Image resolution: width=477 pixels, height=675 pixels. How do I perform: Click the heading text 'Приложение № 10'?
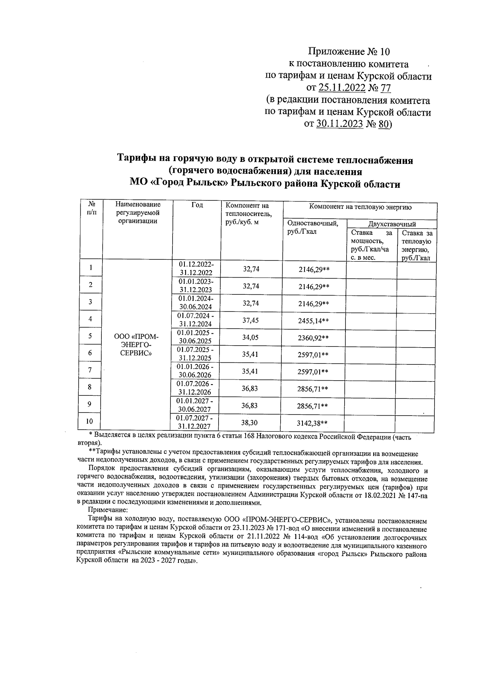click(x=349, y=52)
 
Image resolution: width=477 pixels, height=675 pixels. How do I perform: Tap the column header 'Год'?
click(x=197, y=205)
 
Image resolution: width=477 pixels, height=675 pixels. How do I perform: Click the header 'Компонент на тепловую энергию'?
click(x=360, y=207)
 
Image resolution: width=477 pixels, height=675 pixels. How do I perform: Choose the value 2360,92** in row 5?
click(x=313, y=338)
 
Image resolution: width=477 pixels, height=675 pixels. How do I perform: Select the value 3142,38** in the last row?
click(x=313, y=424)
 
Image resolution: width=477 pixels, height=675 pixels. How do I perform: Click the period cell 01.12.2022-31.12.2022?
click(x=196, y=269)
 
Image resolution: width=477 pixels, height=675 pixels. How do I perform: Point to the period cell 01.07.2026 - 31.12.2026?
click(x=195, y=388)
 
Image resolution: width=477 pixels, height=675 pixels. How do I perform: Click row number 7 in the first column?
click(x=90, y=370)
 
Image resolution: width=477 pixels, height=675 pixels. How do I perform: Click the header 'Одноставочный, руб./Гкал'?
click(x=312, y=227)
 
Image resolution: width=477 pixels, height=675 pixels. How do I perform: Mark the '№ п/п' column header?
click(x=91, y=208)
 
